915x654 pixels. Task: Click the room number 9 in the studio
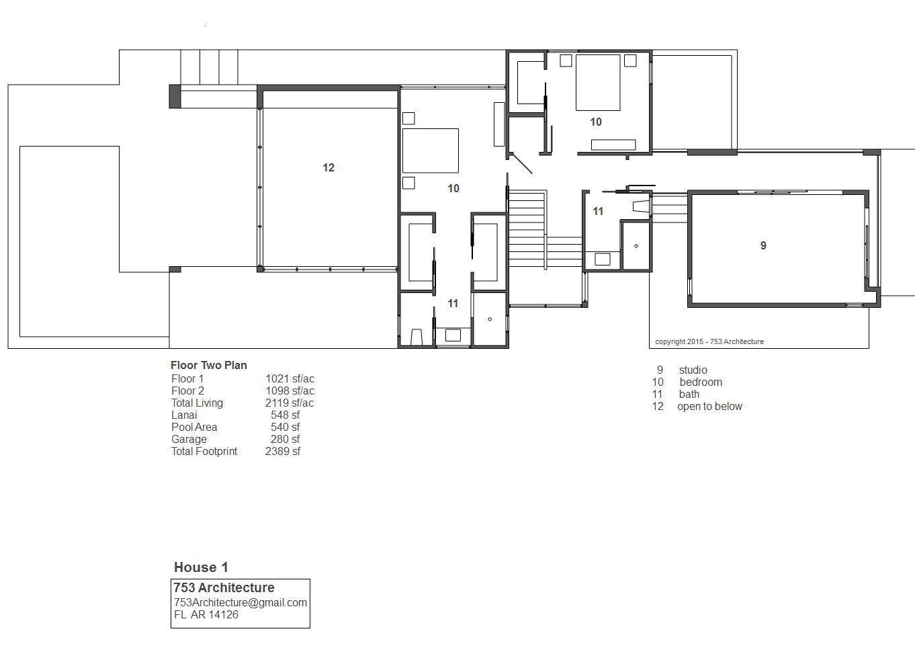pyautogui.click(x=763, y=245)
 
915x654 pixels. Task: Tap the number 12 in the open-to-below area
pyautogui.click(x=329, y=167)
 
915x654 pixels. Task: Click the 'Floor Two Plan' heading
pyautogui.click(x=209, y=365)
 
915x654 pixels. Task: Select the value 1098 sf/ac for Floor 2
pyautogui.click(x=290, y=391)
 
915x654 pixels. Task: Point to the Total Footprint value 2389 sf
pyautogui.click(x=283, y=451)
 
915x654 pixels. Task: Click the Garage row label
pyautogui.click(x=189, y=440)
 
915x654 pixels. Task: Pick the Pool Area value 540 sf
pyautogui.click(x=285, y=427)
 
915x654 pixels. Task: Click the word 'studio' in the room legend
pyautogui.click(x=693, y=370)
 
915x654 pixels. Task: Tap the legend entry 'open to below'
pyautogui.click(x=709, y=406)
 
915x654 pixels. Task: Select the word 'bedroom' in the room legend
pyautogui.click(x=701, y=382)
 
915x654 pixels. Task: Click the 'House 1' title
pyautogui.click(x=201, y=567)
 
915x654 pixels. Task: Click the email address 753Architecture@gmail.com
pyautogui.click(x=241, y=602)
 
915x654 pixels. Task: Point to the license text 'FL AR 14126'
pyautogui.click(x=206, y=614)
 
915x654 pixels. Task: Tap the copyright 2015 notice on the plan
pyautogui.click(x=709, y=341)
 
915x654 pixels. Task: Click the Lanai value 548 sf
pyautogui.click(x=285, y=415)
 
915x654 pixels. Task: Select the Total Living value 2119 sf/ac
pyautogui.click(x=290, y=403)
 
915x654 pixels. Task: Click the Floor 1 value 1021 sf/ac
pyautogui.click(x=290, y=379)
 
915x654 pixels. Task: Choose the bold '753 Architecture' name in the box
pyautogui.click(x=224, y=587)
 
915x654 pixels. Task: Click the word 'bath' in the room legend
pyautogui.click(x=689, y=394)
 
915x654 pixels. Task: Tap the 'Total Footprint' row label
pyautogui.click(x=204, y=451)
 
